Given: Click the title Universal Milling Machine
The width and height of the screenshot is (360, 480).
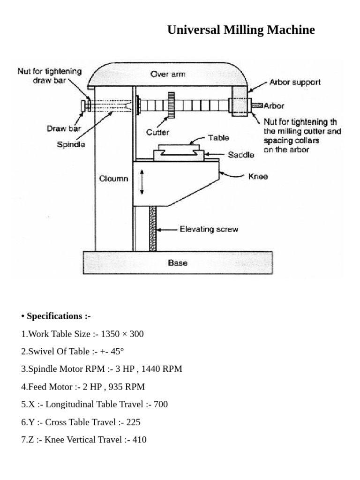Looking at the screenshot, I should pos(241,30).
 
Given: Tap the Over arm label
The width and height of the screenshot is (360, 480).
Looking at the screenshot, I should pos(168,74).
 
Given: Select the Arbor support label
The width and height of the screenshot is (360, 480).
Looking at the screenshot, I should pos(295,82).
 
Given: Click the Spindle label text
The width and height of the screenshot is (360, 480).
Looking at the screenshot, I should pos(71,145).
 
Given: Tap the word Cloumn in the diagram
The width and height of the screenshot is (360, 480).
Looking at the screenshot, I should pos(113,179).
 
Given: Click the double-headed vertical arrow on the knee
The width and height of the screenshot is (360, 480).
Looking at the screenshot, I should pos(142,183).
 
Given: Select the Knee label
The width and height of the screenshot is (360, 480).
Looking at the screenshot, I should pos(258,177).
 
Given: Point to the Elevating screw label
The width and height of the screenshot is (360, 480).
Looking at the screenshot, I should pos(209,229).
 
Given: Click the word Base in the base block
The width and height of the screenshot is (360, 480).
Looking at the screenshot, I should pos(178,262).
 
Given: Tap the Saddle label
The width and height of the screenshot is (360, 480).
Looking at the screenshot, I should pos(241,155).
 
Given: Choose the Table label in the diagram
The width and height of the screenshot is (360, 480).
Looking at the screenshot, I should pos(218,138).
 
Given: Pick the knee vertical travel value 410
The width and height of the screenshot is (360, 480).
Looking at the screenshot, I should pos(139,440).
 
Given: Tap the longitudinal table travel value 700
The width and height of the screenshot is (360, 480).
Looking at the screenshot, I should pos(161,404).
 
